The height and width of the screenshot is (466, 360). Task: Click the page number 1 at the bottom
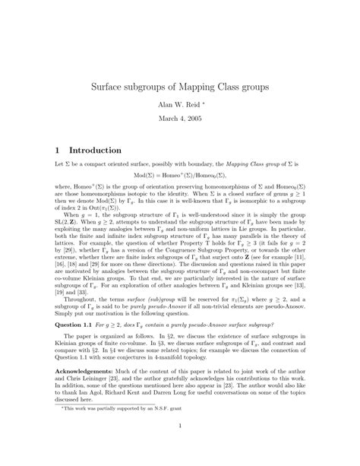pyautogui.click(x=180, y=445)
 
